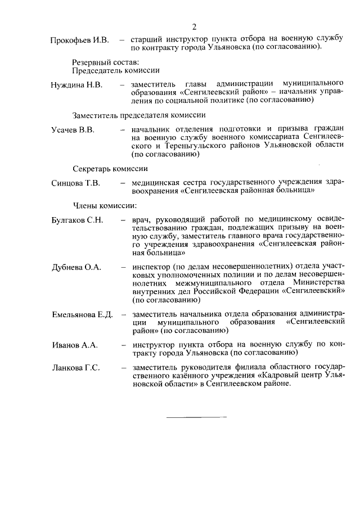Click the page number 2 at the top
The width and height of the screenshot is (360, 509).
193,26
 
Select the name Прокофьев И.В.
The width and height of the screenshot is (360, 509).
79,40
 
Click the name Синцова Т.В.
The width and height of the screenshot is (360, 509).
75,183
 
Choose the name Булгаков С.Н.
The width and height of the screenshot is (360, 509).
78,220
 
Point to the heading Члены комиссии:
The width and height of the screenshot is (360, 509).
105,206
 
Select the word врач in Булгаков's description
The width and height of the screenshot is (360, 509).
140,220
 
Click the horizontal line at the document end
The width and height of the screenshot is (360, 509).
196,417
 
